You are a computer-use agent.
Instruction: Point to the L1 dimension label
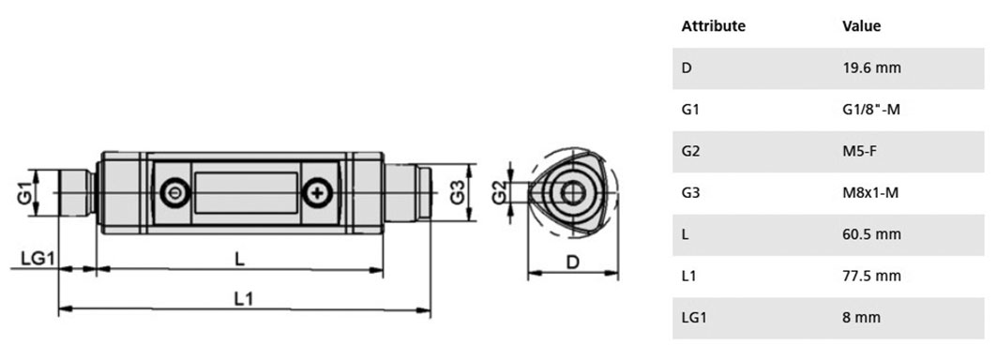click(244, 297)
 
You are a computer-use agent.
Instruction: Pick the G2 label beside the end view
click(500, 193)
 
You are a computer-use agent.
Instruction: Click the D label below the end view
click(571, 262)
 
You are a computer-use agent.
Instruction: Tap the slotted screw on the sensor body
click(172, 193)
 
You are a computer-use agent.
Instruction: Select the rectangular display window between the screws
click(246, 193)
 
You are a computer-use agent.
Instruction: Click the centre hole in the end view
click(570, 193)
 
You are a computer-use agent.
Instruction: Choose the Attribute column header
click(713, 26)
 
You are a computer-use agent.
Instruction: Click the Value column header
click(861, 26)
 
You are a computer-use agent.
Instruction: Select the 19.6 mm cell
click(871, 68)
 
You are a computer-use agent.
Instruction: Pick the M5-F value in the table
click(862, 152)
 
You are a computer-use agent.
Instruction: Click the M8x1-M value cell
click(870, 193)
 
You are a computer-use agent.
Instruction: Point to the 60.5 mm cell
click(871, 234)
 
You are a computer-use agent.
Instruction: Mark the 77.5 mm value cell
click(871, 276)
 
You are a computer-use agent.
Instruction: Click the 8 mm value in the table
click(861, 318)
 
